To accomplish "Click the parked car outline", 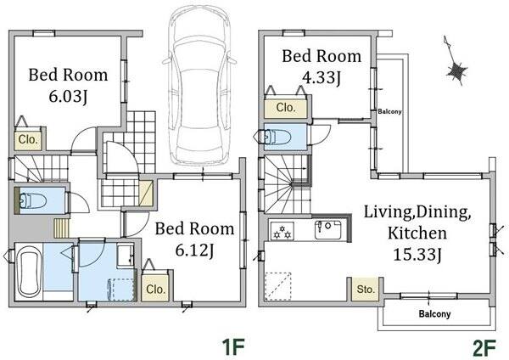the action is click(x=199, y=84).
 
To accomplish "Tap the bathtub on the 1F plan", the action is click(x=29, y=272).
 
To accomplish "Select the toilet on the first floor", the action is click(x=33, y=200).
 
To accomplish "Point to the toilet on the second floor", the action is click(x=278, y=137).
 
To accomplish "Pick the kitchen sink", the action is click(x=328, y=230).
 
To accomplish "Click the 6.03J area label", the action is click(x=68, y=97).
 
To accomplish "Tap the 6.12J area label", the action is click(x=194, y=250).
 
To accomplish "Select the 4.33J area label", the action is click(x=322, y=78).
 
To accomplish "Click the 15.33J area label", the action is click(x=417, y=255).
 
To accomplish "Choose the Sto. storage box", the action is click(x=366, y=289).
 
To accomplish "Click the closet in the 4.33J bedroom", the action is click(x=286, y=108).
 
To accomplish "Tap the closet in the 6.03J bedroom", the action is click(x=28, y=140).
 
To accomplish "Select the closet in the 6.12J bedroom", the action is click(x=155, y=289).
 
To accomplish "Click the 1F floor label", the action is click(x=232, y=347).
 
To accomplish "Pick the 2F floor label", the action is click(x=484, y=347).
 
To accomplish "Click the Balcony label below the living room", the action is click(x=434, y=314).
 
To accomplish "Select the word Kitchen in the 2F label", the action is click(x=417, y=233).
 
